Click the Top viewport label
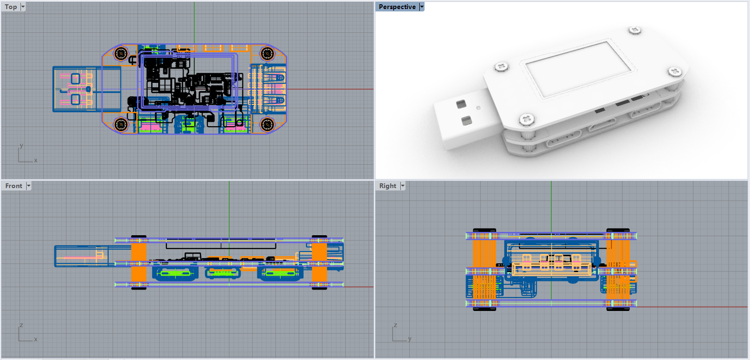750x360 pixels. [x=10, y=7]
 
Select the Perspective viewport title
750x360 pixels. [x=397, y=7]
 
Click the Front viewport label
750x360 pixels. [x=14, y=186]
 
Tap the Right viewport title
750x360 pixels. [x=388, y=186]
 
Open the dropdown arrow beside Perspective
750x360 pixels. [x=422, y=7]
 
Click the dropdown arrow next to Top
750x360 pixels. [x=23, y=7]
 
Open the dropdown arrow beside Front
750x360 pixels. [x=29, y=186]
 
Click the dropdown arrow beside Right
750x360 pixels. [x=403, y=186]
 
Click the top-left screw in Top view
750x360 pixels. [x=121, y=53]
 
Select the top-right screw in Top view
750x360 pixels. [x=267, y=53]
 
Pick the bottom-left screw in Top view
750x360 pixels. [x=121, y=124]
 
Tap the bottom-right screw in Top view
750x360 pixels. [x=267, y=124]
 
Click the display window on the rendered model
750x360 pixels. [x=578, y=69]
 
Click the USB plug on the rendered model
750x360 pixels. [x=466, y=118]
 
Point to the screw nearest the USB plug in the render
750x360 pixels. [x=527, y=119]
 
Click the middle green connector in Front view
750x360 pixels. [x=223, y=273]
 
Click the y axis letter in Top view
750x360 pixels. [x=21, y=146]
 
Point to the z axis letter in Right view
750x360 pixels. [x=395, y=325]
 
